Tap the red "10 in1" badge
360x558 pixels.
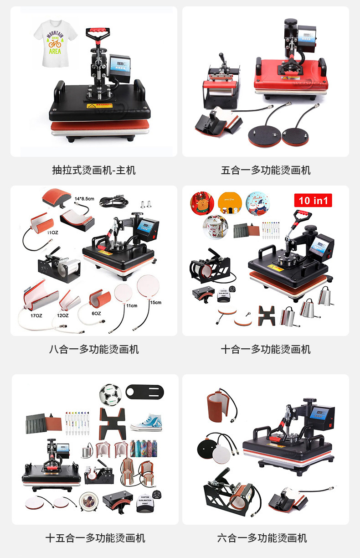(x=313, y=200)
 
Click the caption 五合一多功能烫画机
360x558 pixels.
(x=266, y=170)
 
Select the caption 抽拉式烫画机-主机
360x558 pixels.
(x=94, y=170)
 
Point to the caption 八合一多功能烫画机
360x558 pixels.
(x=94, y=349)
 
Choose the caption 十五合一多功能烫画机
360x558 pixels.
(x=95, y=538)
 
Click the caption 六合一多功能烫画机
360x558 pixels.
(x=262, y=538)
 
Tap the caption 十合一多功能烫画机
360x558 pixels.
(x=266, y=349)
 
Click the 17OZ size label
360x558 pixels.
(x=37, y=315)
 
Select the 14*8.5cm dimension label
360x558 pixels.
(x=84, y=199)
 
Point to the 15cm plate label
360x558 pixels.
(x=155, y=302)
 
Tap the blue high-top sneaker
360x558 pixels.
(x=147, y=420)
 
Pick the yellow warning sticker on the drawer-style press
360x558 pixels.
(x=93, y=106)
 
